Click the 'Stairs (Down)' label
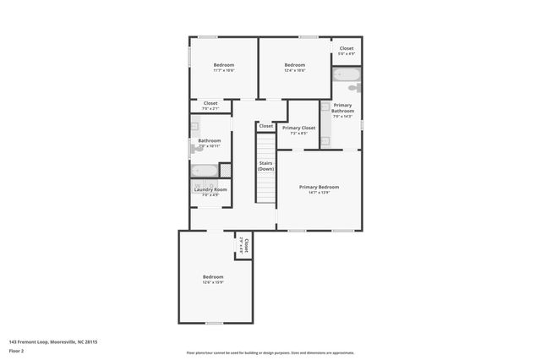[265, 166]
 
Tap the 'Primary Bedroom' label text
[319, 187]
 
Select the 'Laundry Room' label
[210, 189]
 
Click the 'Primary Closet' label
[298, 128]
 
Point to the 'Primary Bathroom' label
[342, 108]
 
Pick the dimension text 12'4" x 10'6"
[294, 71]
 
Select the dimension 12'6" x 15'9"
[213, 282]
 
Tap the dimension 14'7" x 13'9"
[319, 193]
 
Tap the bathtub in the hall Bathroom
[206, 170]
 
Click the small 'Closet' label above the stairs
[266, 126]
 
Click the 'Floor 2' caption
[15, 350]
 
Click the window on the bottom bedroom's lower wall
[215, 322]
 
